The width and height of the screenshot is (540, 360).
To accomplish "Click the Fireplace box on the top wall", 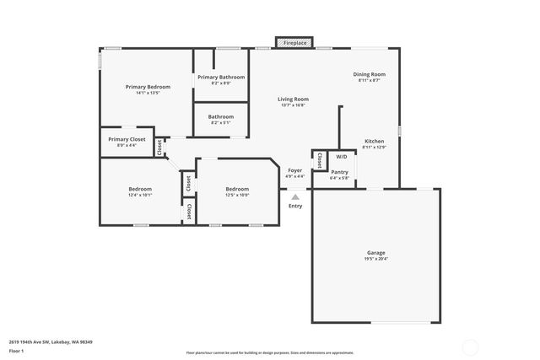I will (x=294, y=42).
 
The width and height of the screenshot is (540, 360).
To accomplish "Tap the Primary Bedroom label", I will (x=148, y=87).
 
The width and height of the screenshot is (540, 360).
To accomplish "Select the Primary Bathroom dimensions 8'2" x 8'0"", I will (x=221, y=83).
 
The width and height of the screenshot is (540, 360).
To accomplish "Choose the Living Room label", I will (x=293, y=99).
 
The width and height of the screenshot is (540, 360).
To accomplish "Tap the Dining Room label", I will (x=369, y=74).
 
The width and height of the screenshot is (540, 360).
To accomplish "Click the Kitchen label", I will (x=374, y=141).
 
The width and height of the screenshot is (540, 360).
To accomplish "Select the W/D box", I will (x=341, y=157).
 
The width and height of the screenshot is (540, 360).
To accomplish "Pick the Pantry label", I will (x=339, y=172).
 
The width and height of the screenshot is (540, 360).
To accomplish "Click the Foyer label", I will (x=295, y=170).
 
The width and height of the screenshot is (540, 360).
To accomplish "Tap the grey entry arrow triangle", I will (x=295, y=196).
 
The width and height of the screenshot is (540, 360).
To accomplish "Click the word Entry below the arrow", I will (x=295, y=206).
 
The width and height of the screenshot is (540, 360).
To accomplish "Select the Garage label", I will (x=375, y=253).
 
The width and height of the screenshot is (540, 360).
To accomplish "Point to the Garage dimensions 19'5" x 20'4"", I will (x=375, y=259).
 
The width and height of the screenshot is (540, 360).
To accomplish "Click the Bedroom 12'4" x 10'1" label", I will (x=140, y=189).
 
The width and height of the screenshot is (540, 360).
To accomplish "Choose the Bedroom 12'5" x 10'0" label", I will (x=237, y=189).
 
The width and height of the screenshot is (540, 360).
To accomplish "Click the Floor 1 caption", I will (x=17, y=350).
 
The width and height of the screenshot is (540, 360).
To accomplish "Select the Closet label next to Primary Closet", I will (x=159, y=147).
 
